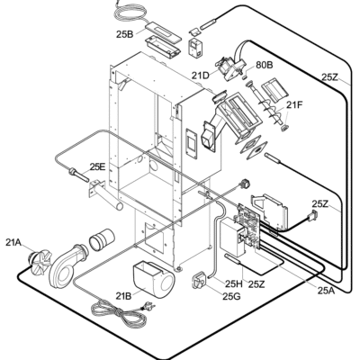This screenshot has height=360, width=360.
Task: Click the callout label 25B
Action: [x=124, y=34]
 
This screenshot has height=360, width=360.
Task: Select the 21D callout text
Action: [x=201, y=76]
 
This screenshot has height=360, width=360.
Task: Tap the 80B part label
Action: [x=265, y=65]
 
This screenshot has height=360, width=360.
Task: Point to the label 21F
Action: [x=294, y=104]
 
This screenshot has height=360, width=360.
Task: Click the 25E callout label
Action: [x=97, y=166]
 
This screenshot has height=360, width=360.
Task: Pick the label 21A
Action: [x=13, y=242]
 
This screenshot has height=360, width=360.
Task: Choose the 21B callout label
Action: [x=124, y=296]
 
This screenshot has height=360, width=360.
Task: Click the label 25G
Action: [x=231, y=296]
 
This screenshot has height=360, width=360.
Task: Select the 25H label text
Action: [x=234, y=283]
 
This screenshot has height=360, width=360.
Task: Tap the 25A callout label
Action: [x=326, y=290]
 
